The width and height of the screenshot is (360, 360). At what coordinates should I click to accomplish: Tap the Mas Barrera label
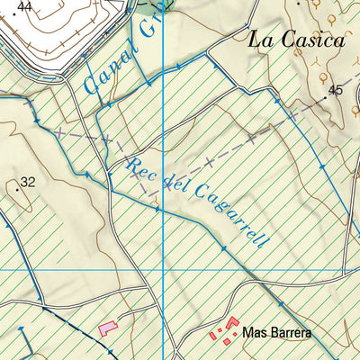pyautogui.click(x=276, y=334)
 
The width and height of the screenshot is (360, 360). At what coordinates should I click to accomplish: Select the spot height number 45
pyautogui.click(x=336, y=90)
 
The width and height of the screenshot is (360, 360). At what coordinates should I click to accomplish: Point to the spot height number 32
pyautogui.click(x=28, y=182)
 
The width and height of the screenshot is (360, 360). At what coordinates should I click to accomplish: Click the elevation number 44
pyautogui.click(x=25, y=6)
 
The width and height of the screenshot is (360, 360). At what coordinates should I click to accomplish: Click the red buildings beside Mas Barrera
pyautogui.click(x=225, y=331)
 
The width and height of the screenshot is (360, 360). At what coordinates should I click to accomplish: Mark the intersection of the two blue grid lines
pyautogui.click(x=162, y=269)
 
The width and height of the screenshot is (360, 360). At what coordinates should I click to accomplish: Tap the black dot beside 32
pyautogui.click(x=17, y=189)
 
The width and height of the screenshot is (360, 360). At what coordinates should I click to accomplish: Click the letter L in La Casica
pyautogui.click(x=255, y=40)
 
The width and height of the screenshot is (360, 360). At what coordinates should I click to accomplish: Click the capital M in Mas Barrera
pyautogui.click(x=248, y=334)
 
